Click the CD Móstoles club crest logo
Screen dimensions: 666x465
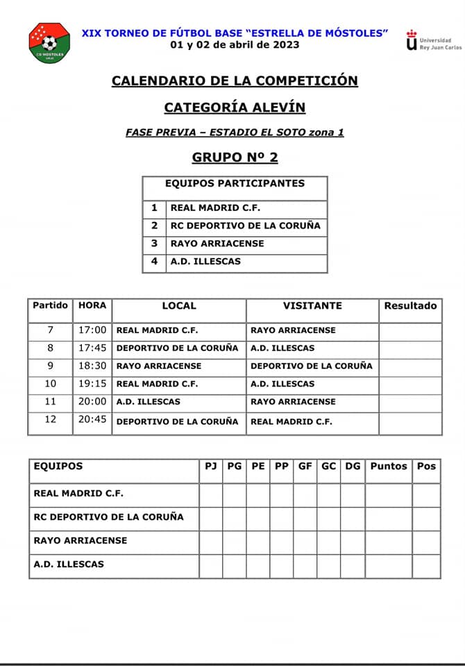pyautogui.click(x=49, y=43)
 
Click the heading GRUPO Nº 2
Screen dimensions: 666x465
pyautogui.click(x=235, y=157)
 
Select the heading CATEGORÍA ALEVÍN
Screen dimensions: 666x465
pyautogui.click(x=235, y=108)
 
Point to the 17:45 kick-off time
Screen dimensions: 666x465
pyautogui.click(x=92, y=348)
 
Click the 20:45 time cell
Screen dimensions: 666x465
pyautogui.click(x=92, y=420)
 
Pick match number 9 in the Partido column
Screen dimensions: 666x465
pyautogui.click(x=50, y=366)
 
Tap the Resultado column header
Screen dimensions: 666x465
pyautogui.click(x=410, y=306)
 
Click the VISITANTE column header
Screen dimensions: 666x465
pyautogui.click(x=312, y=306)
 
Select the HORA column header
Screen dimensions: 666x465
pyautogui.click(x=92, y=306)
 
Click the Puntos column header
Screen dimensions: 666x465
pyautogui.click(x=389, y=466)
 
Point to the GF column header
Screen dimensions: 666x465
pyautogui.click(x=305, y=466)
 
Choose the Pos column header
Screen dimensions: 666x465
pyautogui.click(x=426, y=466)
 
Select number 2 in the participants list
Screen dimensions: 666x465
pyautogui.click(x=155, y=225)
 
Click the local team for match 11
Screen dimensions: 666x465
pyautogui.click(x=148, y=402)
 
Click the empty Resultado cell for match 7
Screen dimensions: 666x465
pyautogui.click(x=410, y=331)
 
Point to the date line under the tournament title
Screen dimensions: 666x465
pyautogui.click(x=235, y=45)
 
